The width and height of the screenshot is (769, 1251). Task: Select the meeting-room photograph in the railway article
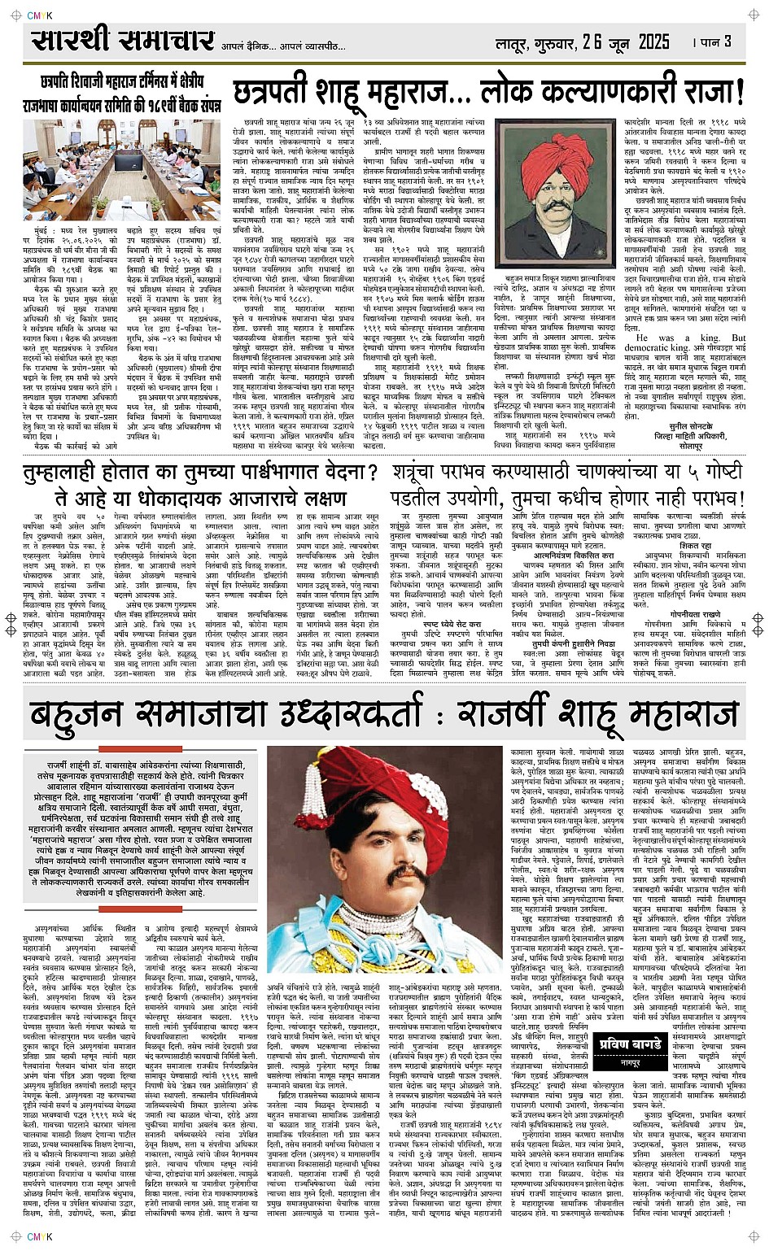[x=122, y=170]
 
